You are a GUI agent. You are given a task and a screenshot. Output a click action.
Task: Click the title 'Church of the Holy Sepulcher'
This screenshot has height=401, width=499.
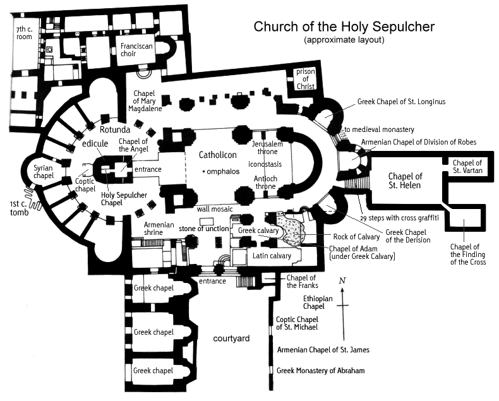coord(344,27)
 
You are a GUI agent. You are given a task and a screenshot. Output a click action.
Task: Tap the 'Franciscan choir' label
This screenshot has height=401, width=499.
coord(136,50)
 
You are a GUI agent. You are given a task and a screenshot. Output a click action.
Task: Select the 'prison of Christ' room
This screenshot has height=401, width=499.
coord(306,79)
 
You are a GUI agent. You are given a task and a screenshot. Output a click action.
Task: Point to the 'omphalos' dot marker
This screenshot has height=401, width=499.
coord(203,172)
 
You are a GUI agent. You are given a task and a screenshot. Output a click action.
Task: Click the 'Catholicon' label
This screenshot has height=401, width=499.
coord(218,155)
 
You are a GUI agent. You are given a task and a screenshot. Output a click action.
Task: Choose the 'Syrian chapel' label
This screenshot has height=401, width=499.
coord(44,172)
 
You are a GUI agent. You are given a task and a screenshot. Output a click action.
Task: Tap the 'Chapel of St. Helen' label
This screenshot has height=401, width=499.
coord(405,181)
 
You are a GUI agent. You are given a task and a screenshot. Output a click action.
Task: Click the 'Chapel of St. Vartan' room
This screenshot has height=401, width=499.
coord(467,167)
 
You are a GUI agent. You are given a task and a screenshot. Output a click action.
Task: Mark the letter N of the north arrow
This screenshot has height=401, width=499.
coord(342,280)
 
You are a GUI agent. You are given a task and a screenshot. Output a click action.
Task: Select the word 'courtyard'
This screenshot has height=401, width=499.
coord(231,338)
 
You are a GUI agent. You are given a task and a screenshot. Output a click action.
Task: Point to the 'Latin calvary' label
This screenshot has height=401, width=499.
coord(272,256)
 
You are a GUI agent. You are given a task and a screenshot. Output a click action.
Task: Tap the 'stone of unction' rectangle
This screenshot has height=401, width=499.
coord(206,222)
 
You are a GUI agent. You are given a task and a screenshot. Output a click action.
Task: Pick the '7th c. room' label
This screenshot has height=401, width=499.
coord(24,33)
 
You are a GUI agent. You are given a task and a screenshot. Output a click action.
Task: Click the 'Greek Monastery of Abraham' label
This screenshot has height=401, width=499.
coord(320,371)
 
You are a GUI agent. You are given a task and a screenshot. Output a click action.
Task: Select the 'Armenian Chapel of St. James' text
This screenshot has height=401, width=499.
coord(323,350)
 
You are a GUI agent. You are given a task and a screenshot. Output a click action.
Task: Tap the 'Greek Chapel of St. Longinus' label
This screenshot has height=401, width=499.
coord(401,102)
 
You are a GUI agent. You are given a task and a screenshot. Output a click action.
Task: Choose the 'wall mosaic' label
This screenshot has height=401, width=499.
coord(215,209)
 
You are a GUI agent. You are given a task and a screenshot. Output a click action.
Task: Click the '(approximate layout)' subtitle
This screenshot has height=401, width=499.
coord(344,40)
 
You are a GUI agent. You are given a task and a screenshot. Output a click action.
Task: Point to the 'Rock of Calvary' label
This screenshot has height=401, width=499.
coord(356,237)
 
